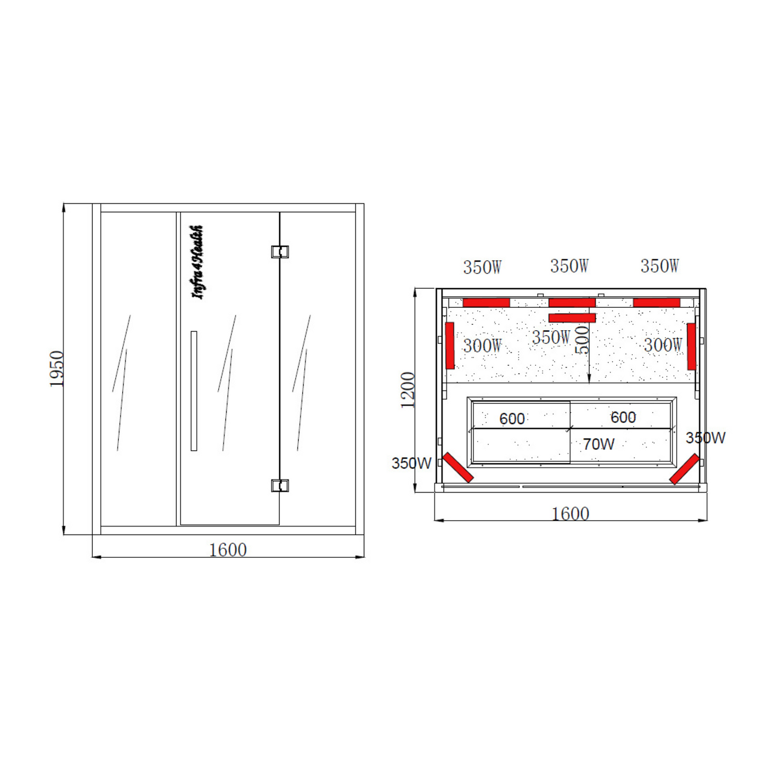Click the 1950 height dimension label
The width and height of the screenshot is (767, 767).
click(56, 368)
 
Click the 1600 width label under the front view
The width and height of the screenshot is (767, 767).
click(228, 550)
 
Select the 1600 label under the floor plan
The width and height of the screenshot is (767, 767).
click(570, 514)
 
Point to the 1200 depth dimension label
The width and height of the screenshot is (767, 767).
click(408, 390)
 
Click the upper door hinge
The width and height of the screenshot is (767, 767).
click(280, 252)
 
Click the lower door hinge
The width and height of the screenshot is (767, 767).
click(280, 486)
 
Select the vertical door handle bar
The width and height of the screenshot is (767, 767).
click(194, 391)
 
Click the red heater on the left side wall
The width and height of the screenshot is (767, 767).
click(450, 346)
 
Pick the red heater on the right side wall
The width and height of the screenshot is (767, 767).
click(692, 346)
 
